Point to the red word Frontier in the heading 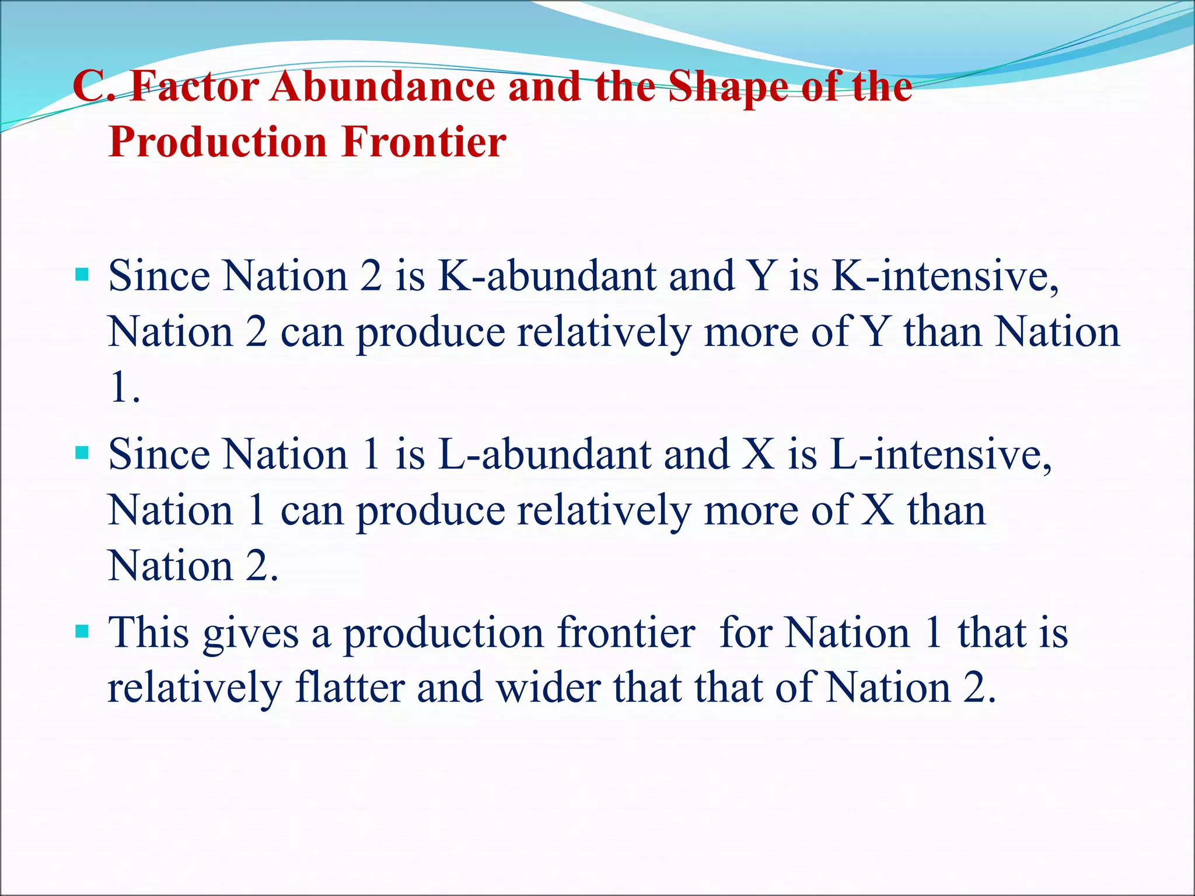pos(424,142)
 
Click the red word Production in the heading pos(218,142)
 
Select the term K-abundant pos(547,276)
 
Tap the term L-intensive pos(941,454)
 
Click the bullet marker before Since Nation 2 pos(82,274)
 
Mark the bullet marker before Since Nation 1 pos(82,453)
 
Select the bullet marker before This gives pos(82,631)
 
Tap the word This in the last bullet pos(149,633)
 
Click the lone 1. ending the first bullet pos(124,388)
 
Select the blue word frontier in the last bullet pos(626,633)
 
